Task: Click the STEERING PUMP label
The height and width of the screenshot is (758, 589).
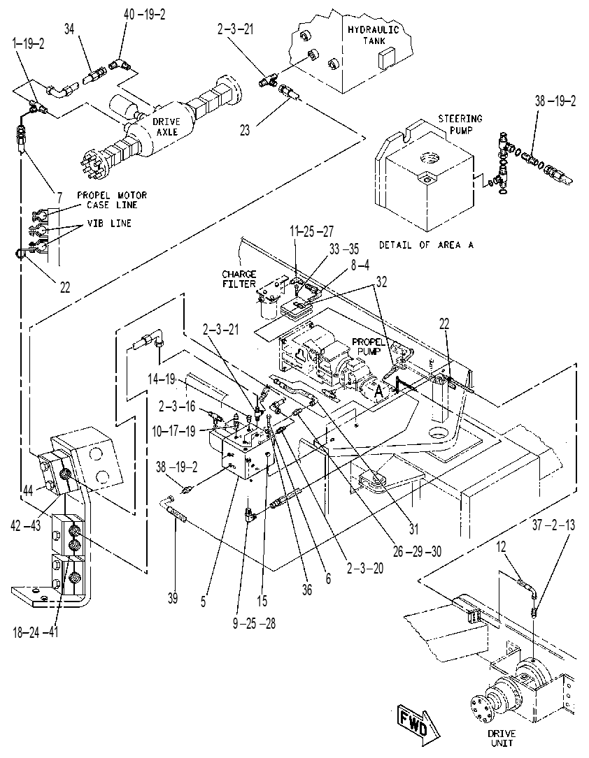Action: coord(460,124)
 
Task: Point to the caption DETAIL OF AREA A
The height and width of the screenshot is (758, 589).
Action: coord(426,245)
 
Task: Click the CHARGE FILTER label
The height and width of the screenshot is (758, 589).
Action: coord(239,279)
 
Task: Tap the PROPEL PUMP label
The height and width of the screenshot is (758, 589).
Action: coord(369,347)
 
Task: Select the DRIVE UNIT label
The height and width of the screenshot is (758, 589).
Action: coord(502,738)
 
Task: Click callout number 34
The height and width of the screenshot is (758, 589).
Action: coord(70,29)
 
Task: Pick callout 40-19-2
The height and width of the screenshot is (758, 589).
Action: coord(144,15)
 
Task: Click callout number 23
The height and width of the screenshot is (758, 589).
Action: coord(246,130)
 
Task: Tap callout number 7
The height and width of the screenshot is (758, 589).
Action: coord(59,197)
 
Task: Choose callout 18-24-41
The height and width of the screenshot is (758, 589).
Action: coord(36,632)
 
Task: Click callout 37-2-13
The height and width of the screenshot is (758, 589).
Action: coord(553,525)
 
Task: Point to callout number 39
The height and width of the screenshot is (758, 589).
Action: coord(172,599)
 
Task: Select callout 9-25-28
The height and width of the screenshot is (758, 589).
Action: coord(254,624)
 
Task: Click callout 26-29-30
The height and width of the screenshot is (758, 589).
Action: coord(417,551)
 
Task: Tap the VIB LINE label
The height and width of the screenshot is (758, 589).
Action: coord(109,224)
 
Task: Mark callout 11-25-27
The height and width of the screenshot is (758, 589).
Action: coord(312,231)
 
